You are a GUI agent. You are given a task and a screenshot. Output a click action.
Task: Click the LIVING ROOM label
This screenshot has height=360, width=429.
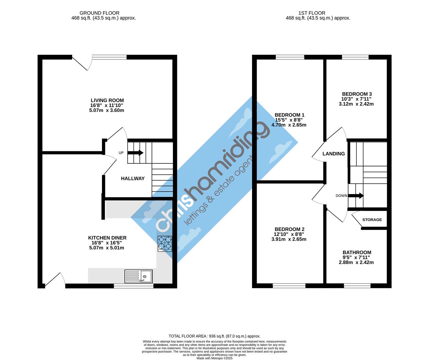coord(107,100)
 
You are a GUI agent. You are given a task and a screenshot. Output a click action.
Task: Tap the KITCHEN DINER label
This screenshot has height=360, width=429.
coord(107,238)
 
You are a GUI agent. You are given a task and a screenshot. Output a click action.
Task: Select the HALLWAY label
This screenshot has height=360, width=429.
coord(133,178)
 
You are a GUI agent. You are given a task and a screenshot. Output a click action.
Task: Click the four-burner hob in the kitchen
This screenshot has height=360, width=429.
coord(165,244)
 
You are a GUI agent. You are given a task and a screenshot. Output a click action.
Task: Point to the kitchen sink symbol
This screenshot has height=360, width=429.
coord(138,276)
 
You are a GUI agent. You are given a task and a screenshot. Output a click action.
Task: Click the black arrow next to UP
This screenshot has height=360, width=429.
coord(135,153)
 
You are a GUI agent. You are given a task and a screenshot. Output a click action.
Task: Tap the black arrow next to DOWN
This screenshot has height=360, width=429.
coord(356,196)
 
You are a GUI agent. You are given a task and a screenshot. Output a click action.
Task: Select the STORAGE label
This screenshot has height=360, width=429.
coord(372,220)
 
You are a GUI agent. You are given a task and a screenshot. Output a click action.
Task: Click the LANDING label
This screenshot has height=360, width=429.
coord(333,153)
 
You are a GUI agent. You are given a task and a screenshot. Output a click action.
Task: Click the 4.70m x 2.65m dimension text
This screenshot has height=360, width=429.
coord(289,125)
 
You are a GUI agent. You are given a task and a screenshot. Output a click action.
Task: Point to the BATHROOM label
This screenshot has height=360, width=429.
coord(357,252)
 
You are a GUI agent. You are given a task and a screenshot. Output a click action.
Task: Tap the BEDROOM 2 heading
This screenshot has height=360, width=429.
coord(289,229)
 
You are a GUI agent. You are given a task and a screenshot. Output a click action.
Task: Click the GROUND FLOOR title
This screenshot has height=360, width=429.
coord(99,13)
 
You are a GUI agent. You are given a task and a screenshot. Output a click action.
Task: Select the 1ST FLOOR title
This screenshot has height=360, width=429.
coord(312,13)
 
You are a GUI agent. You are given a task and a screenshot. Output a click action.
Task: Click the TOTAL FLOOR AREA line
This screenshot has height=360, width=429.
coord(215,336)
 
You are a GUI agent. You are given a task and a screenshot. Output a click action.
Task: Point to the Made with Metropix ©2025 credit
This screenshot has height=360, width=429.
coord(215,358)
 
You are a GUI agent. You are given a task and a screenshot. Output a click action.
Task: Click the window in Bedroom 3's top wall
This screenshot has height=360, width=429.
coord(355,57)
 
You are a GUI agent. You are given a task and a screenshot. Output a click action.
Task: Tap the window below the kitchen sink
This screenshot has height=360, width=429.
coord(134,286)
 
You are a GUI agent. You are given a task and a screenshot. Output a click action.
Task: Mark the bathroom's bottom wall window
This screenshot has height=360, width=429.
coord(357,286)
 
